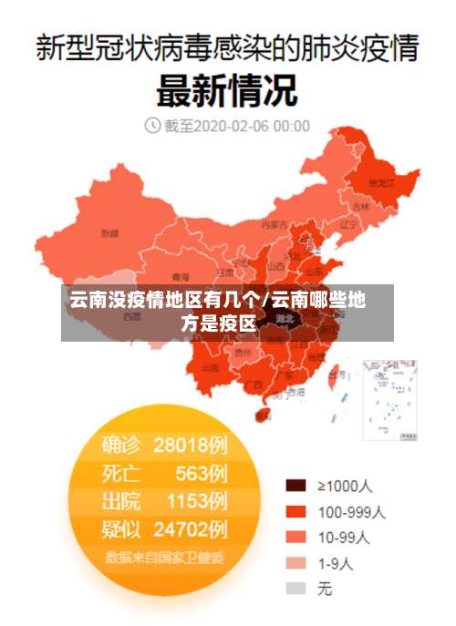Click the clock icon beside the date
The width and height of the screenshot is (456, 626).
tap(151, 126)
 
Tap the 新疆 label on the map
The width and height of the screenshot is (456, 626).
tap(109, 233)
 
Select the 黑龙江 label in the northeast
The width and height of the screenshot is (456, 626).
tap(380, 183)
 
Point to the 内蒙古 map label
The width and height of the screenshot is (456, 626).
tap(274, 223)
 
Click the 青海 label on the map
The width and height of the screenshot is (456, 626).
tap(181, 276)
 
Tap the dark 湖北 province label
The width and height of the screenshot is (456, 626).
tap(285, 319)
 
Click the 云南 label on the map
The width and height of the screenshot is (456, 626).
tap(210, 367)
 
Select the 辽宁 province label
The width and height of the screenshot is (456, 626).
tap(348, 224)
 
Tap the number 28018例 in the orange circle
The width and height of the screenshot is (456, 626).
tap(191, 445)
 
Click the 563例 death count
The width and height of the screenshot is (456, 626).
tap(202, 473)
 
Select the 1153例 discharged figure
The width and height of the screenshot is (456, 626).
tap(196, 500)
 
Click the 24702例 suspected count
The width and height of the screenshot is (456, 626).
tap(191, 528)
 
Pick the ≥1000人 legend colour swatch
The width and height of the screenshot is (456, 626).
tap(295, 486)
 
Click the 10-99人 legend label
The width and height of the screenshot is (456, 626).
tap(343, 537)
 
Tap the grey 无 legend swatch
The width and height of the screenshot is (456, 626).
tap(295, 589)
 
